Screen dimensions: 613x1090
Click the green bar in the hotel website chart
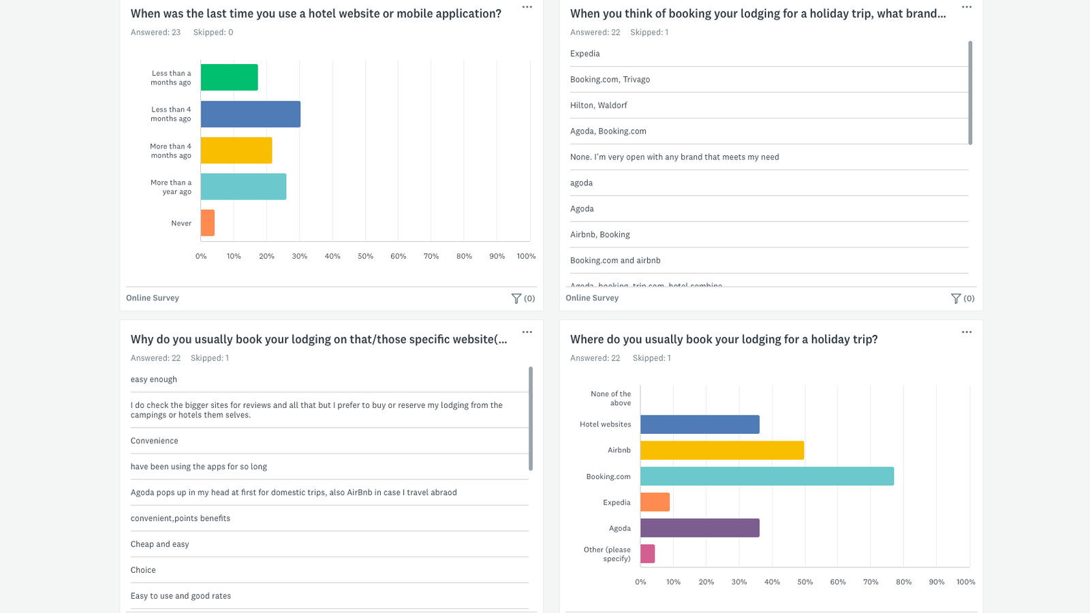click(x=229, y=78)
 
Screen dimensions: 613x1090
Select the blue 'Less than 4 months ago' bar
click(x=250, y=114)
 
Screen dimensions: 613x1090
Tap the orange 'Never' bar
click(x=208, y=223)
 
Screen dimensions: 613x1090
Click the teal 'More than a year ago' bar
click(x=243, y=187)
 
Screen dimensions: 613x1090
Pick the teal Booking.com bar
click(x=766, y=476)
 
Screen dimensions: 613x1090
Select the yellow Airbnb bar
click(x=722, y=450)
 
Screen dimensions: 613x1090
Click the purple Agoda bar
click(x=700, y=528)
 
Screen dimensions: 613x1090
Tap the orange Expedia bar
click(x=655, y=502)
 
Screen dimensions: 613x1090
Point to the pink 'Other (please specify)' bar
click(x=647, y=554)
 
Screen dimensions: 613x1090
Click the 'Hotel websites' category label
click(x=605, y=424)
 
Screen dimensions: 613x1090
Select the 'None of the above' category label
click(x=610, y=398)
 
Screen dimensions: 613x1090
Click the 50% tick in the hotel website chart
click(x=365, y=256)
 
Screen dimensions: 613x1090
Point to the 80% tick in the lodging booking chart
click(x=903, y=582)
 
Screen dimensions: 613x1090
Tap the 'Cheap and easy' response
click(x=159, y=544)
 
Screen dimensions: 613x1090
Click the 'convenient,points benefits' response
click(x=181, y=518)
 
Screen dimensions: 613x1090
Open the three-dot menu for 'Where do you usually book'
click(x=966, y=332)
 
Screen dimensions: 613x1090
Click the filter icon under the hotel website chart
click(x=516, y=298)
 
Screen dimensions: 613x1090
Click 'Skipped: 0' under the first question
click(x=213, y=32)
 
